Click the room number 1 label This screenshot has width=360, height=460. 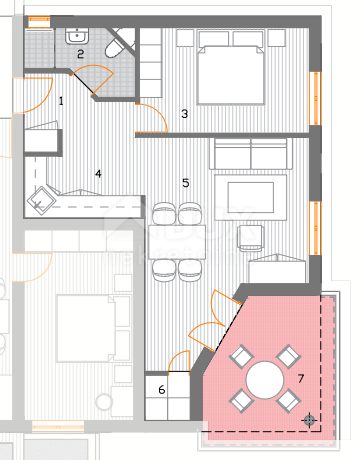pos(61,101)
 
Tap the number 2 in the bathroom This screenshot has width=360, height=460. pos(80,54)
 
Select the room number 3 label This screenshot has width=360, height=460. pos(184,114)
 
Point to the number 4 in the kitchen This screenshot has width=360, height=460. pos(98,174)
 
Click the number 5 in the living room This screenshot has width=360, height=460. pos(186,183)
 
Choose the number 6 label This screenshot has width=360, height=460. pos(162,389)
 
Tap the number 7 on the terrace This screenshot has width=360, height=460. pos(301,378)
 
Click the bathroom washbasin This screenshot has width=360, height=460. pos(77,36)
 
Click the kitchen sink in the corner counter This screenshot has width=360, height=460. pos(40,201)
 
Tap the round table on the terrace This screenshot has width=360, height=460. pos(265,380)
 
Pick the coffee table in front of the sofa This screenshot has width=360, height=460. pos(251,197)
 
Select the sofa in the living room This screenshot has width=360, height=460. pos(251,154)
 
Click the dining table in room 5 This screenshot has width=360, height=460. pos(177,242)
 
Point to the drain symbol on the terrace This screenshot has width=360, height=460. pos(309,420)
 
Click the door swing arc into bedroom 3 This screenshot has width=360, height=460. pos(159,112)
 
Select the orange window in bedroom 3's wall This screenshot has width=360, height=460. pos(315,98)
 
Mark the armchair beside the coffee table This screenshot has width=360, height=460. pos(250,238)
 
